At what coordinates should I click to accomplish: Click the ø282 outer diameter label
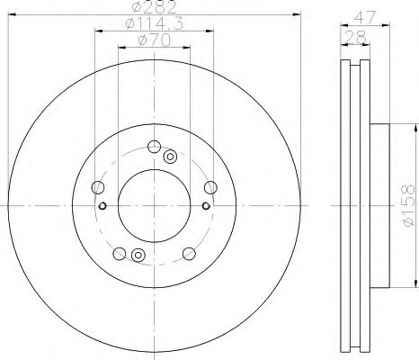(154, 7)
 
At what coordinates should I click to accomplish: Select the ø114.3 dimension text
(154, 23)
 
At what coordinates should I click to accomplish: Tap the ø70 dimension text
(154, 40)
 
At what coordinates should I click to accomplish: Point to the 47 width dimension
(365, 17)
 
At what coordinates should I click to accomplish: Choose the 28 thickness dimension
(355, 37)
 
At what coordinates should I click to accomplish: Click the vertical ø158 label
(409, 205)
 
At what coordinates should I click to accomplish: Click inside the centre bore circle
(154, 206)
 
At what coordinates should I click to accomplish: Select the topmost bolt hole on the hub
(154, 147)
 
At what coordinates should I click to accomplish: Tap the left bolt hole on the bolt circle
(98, 187)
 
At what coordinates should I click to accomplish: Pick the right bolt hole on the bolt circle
(210, 187)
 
